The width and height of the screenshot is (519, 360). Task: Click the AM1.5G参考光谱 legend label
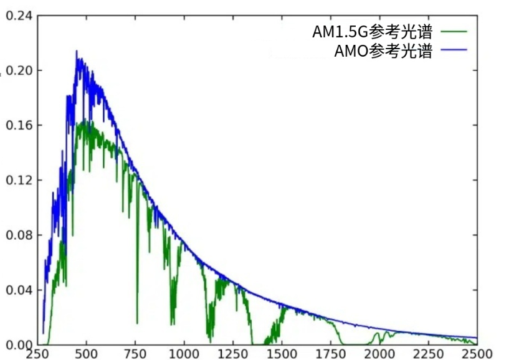(372, 31)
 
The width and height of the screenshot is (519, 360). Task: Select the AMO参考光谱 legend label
(383, 52)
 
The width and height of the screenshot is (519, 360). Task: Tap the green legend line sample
(453, 31)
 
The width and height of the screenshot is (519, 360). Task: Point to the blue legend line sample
(453, 52)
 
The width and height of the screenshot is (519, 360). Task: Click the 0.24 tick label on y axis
(19, 15)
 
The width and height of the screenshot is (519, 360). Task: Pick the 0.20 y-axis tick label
(19, 70)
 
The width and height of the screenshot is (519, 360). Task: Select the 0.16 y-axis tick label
(19, 125)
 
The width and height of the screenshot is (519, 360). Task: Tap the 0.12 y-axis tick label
(19, 180)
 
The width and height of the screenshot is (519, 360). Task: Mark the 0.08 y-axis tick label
(19, 235)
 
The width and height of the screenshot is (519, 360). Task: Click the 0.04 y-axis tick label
(19, 290)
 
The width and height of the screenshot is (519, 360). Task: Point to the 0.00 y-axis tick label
(19, 345)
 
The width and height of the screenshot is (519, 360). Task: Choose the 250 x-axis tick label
(38, 354)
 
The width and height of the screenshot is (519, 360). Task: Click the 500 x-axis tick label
(87, 354)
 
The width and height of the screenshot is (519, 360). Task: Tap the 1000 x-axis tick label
(184, 354)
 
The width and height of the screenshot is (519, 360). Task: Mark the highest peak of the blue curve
(77, 52)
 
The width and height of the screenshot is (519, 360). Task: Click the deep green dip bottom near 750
(138, 323)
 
